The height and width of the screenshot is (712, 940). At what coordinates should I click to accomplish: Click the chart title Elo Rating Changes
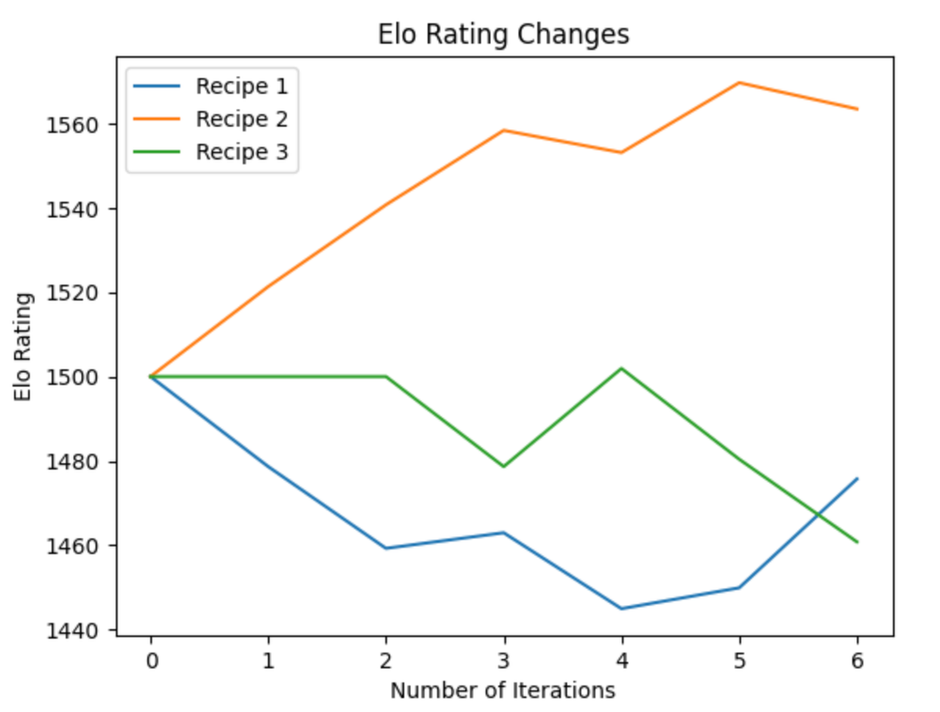[x=503, y=35]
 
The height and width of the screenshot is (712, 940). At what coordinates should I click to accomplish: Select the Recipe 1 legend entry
[x=241, y=86]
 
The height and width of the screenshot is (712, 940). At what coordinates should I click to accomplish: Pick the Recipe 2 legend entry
[x=241, y=119]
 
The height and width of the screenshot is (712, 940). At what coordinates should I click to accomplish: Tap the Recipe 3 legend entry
[x=241, y=152]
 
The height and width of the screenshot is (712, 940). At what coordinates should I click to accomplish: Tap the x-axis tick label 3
[x=504, y=660]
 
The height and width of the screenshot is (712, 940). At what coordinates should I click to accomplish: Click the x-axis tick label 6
[x=857, y=660]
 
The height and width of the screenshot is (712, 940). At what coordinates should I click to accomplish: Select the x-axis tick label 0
[x=150, y=660]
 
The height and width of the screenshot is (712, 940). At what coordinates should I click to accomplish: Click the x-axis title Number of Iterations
[x=503, y=691]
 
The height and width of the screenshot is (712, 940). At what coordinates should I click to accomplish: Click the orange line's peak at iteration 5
[x=740, y=83]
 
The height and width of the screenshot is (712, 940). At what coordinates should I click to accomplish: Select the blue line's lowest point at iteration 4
[x=621, y=609]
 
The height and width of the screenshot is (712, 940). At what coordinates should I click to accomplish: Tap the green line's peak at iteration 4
[x=621, y=368]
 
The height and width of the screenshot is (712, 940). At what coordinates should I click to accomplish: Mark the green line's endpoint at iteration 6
[x=857, y=542]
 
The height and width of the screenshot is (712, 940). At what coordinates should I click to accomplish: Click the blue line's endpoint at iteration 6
[x=857, y=478]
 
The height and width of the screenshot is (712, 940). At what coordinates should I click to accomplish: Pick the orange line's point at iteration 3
[x=504, y=131]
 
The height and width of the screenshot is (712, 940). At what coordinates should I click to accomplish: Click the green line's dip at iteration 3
[x=504, y=466]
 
